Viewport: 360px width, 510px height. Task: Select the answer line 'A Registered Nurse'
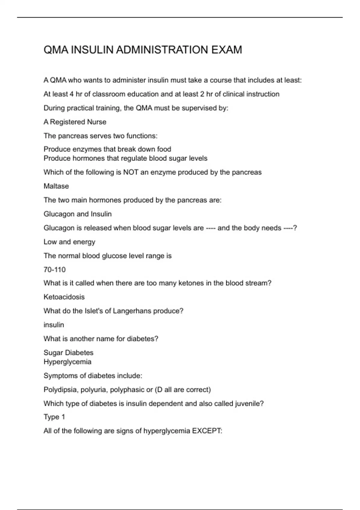(x=75, y=122)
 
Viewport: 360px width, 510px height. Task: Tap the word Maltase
(x=56, y=186)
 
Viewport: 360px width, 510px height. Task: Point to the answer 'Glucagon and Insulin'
(x=77, y=214)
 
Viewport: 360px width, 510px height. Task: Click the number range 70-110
(x=54, y=269)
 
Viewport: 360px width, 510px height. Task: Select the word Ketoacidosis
(x=64, y=297)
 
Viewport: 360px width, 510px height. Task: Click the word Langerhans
(x=132, y=311)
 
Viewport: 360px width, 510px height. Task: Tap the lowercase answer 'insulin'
(x=54, y=325)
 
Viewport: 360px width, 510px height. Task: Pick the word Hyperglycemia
(x=67, y=361)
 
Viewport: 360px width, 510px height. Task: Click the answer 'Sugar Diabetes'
(x=68, y=352)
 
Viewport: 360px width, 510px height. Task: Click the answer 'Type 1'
(x=54, y=417)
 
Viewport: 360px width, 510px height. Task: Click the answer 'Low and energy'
(x=69, y=242)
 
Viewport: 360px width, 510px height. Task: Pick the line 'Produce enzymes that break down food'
(x=107, y=149)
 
